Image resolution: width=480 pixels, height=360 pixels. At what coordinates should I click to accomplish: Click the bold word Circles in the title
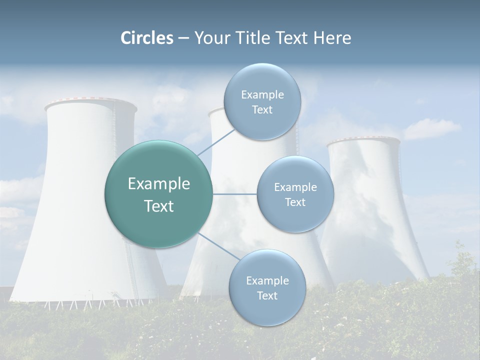point(147,38)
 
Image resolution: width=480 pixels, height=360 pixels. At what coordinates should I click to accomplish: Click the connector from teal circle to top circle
point(216,141)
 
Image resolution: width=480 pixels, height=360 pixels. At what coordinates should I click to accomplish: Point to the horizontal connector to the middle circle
point(235,194)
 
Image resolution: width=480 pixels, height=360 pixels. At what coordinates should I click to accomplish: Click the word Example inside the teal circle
point(158,184)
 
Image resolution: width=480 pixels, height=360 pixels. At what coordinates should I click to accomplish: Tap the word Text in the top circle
point(262,110)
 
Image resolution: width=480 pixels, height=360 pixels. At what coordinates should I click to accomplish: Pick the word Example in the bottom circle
point(267,280)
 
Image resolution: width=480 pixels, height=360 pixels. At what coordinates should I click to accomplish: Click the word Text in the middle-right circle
point(295,202)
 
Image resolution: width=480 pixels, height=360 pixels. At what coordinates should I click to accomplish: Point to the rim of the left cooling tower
point(90,104)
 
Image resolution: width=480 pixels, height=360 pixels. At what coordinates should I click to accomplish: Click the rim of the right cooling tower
point(363,141)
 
